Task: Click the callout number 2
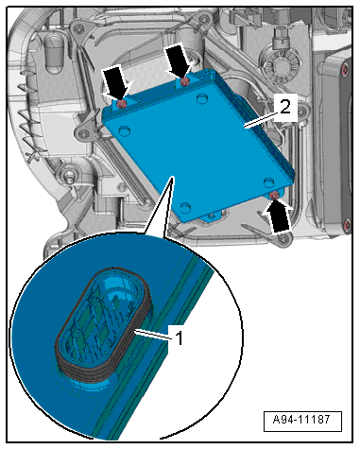285,107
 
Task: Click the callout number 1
179,338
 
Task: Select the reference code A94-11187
301,420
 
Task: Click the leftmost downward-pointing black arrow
117,82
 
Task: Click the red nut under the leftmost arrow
121,104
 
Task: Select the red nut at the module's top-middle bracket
184,82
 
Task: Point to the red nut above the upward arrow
274,196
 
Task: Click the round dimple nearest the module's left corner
125,130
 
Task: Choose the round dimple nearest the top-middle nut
202,99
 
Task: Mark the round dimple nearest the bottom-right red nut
268,182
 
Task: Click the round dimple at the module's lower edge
185,208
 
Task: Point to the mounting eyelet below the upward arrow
283,239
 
